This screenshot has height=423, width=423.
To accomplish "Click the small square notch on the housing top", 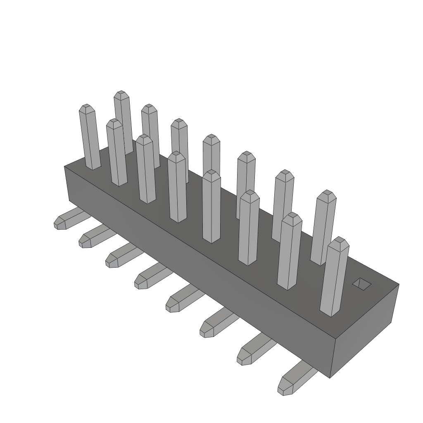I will coord(362,283).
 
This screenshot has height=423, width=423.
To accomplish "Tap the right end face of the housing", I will coord(365,330).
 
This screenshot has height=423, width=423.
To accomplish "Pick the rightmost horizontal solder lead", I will coord(295,379).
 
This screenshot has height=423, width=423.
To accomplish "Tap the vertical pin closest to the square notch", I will coord(334,277).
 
